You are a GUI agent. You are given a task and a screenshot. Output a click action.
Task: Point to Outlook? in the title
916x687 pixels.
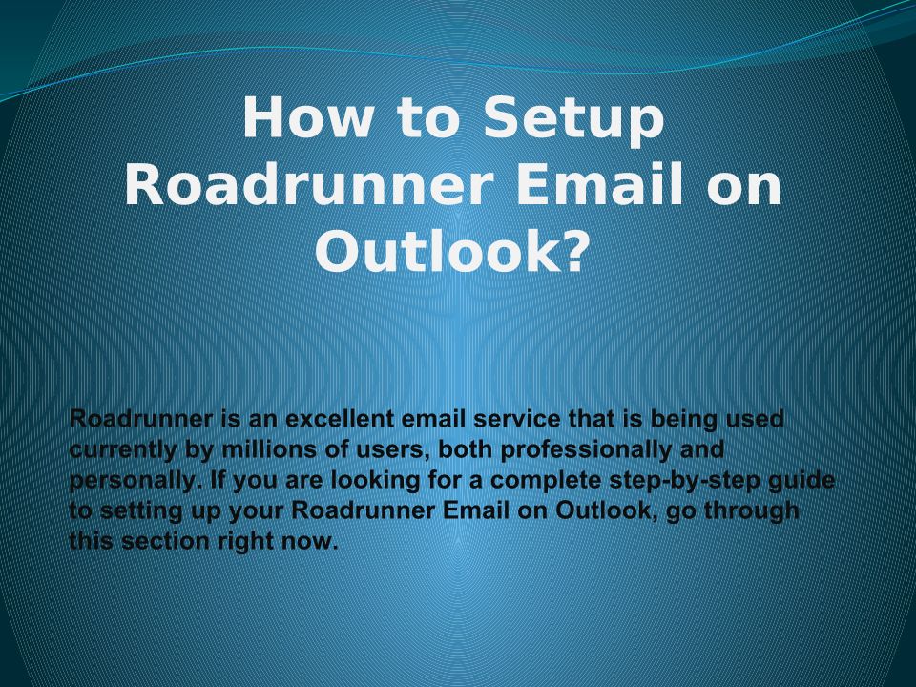pyautogui.click(x=450, y=251)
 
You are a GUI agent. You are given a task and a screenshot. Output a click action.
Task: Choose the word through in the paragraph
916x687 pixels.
pyautogui.click(x=751, y=511)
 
